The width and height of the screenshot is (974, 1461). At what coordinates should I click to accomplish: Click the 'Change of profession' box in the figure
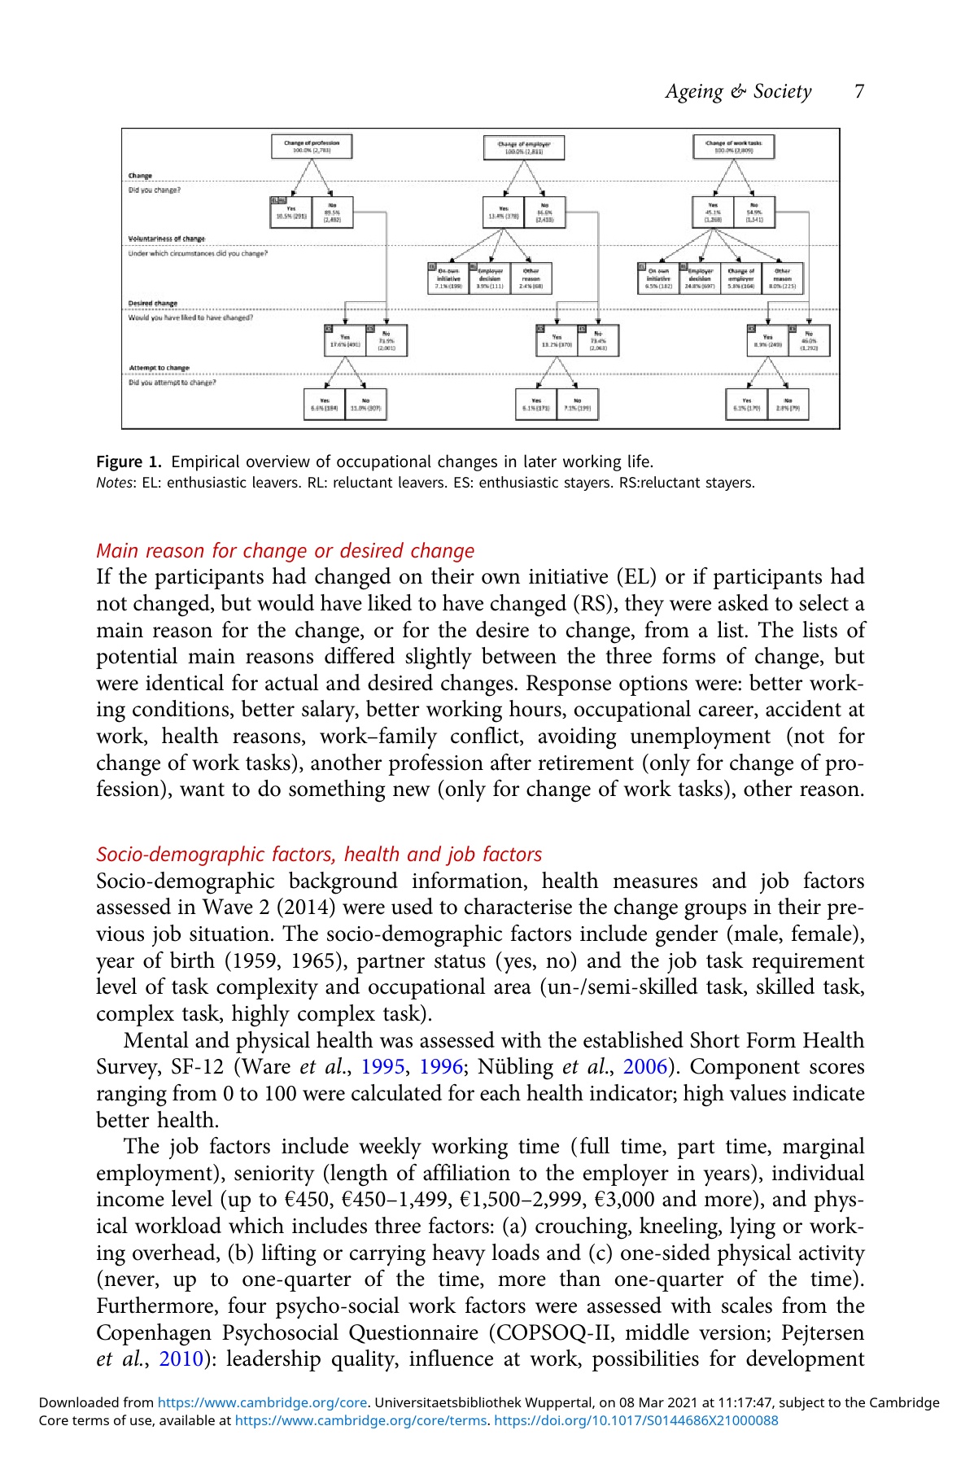(312, 147)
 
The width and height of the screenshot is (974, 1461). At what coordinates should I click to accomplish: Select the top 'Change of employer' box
(523, 147)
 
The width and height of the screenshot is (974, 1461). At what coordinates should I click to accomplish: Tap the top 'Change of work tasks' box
(734, 147)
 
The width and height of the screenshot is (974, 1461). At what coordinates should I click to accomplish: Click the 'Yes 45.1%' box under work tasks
(713, 212)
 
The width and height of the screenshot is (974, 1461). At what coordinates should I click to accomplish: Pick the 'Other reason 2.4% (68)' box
(531, 278)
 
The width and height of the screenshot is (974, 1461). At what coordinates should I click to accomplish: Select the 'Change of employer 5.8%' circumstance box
(740, 278)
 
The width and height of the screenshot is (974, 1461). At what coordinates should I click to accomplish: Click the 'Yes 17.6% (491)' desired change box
(345, 340)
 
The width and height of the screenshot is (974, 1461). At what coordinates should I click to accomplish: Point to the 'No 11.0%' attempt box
(365, 405)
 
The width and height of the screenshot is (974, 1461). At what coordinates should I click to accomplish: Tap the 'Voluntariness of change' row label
(167, 238)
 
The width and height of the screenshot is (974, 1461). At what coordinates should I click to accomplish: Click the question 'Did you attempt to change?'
(173, 383)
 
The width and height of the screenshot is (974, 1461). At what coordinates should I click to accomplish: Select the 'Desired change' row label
(153, 304)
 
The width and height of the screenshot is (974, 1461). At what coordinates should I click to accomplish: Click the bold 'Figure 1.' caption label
(130, 462)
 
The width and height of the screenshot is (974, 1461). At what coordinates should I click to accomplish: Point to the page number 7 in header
(859, 91)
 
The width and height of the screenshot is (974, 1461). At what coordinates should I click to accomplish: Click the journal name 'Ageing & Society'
(738, 91)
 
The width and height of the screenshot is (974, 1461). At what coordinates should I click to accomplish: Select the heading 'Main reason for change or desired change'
(285, 551)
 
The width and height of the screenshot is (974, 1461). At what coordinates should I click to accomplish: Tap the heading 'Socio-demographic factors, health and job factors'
(319, 855)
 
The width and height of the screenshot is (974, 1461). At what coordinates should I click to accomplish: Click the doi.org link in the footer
(636, 1420)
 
